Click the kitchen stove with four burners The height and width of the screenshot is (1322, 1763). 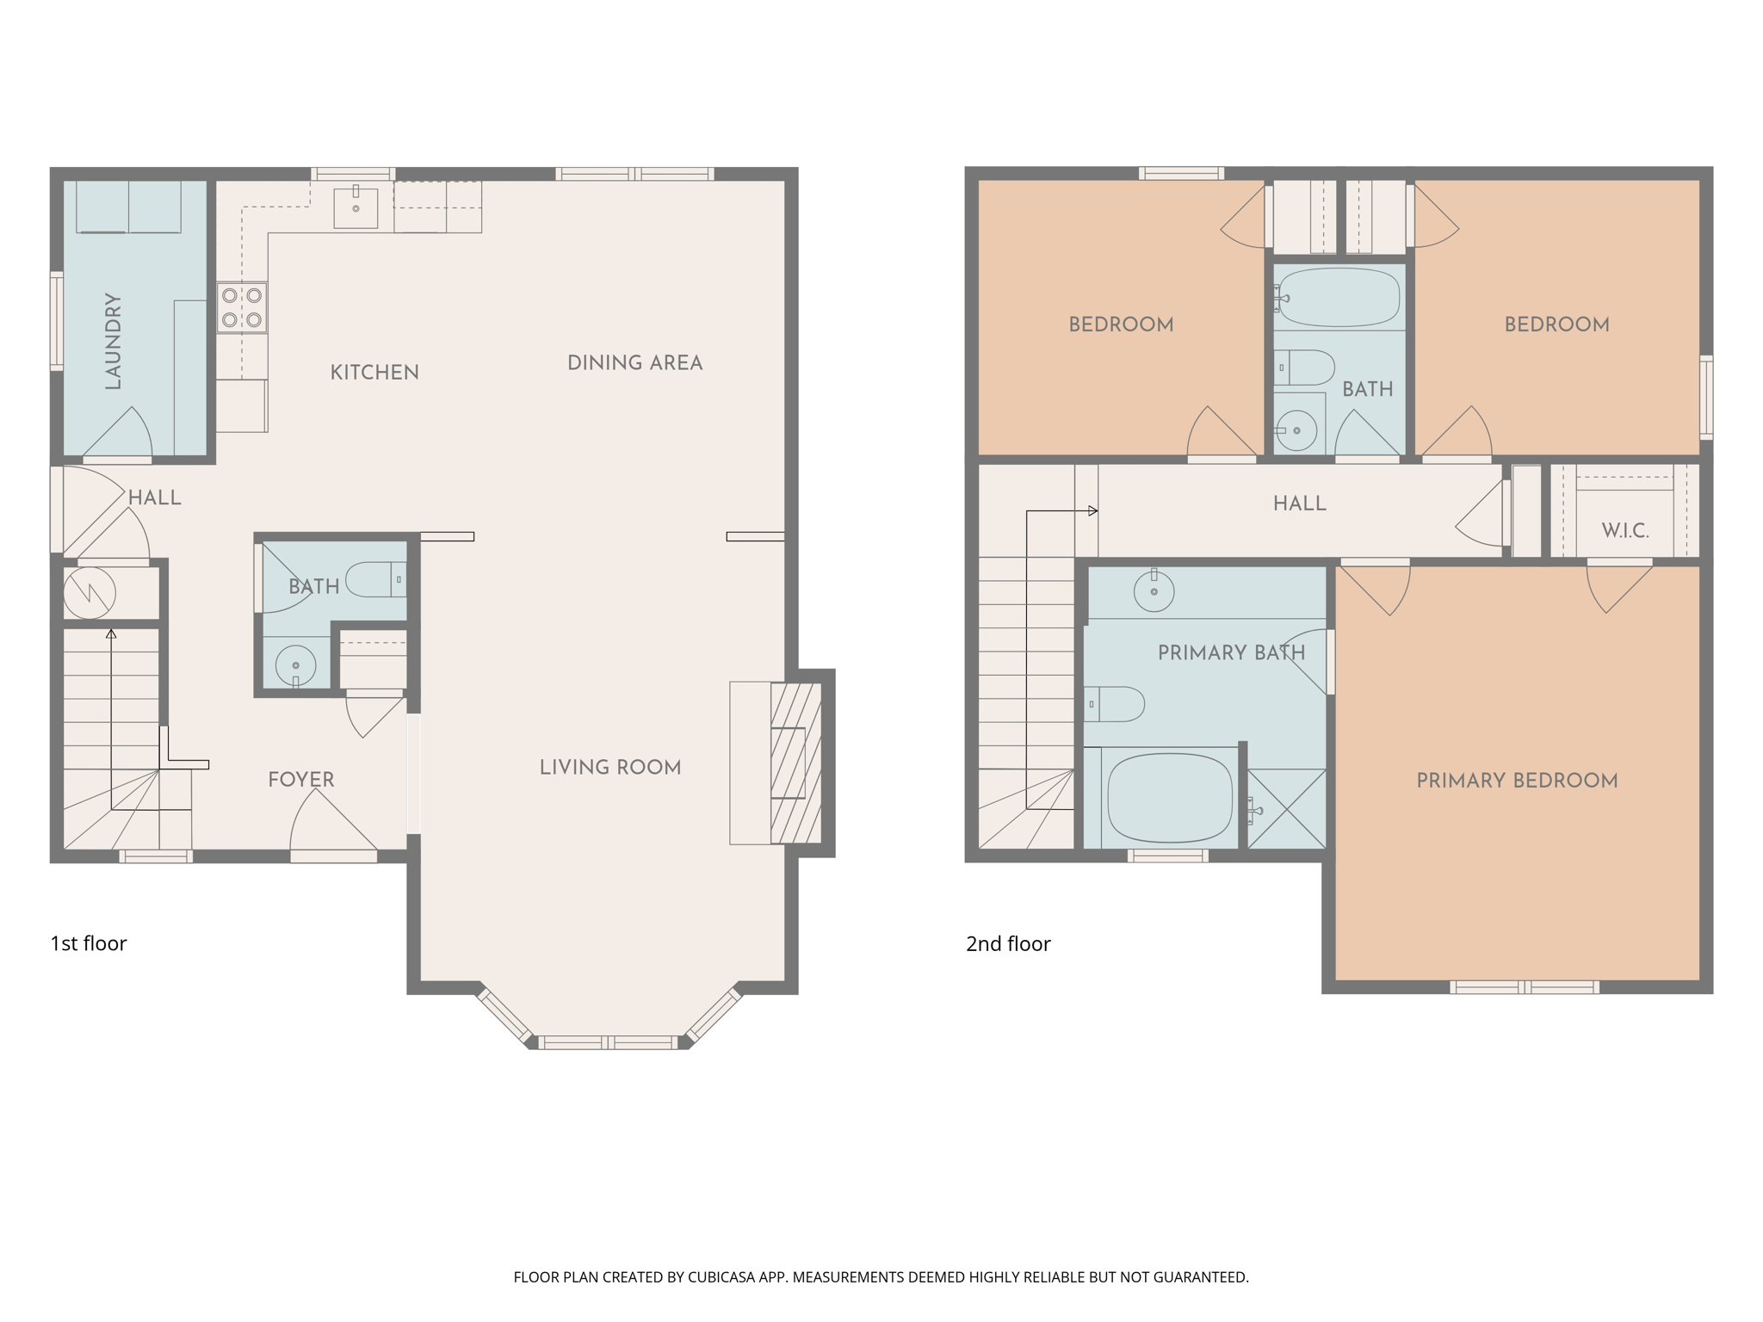[x=242, y=307]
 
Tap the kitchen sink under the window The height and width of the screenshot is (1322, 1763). [x=356, y=207]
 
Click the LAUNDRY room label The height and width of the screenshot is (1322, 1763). [x=113, y=341]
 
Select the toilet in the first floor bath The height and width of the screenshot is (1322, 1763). [x=376, y=579]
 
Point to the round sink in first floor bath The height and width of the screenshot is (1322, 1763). [x=295, y=665]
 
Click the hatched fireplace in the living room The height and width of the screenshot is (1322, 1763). [x=795, y=763]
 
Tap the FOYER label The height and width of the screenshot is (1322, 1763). [x=300, y=780]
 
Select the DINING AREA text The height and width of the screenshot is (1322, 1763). [x=634, y=363]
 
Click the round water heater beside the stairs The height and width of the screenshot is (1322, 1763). [x=90, y=592]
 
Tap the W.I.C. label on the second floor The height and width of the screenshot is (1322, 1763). [x=1624, y=530]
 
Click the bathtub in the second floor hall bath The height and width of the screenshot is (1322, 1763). [x=1338, y=298]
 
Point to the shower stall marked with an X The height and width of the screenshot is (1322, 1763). [x=1286, y=809]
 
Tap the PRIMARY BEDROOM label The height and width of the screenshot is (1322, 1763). [x=1517, y=781]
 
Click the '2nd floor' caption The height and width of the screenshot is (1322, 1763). [x=1007, y=944]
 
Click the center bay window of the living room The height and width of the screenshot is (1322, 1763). [x=609, y=1042]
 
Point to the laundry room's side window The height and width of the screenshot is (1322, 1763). [x=57, y=321]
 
